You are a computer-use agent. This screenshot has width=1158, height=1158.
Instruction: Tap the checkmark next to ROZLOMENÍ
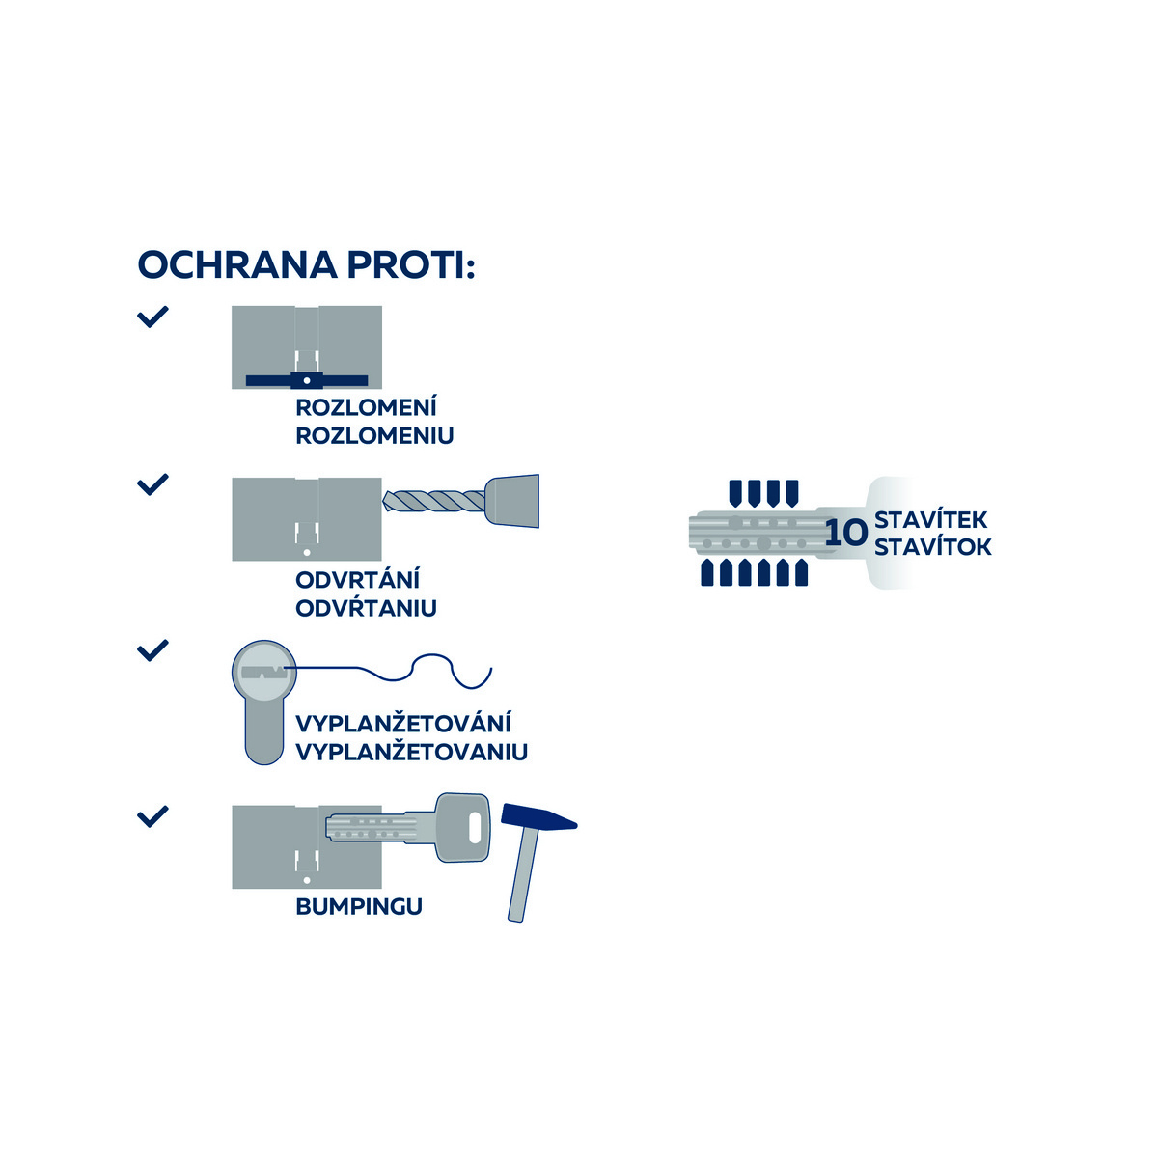coord(152,317)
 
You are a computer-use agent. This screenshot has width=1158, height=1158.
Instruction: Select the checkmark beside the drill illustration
coord(152,483)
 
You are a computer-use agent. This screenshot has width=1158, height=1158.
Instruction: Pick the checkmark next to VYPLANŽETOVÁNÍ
coord(152,649)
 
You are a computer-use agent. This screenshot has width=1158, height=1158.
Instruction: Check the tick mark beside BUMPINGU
coord(152,816)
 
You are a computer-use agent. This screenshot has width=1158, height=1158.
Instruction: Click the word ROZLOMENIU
coord(374,435)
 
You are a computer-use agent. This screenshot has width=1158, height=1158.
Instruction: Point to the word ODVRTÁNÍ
coord(357,580)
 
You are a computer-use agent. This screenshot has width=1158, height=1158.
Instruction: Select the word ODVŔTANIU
coord(366,608)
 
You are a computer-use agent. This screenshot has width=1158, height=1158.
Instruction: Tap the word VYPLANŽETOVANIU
coord(411,752)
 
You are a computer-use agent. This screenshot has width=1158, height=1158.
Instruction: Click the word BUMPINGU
coord(359,907)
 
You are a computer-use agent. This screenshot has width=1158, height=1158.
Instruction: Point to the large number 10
coord(846,534)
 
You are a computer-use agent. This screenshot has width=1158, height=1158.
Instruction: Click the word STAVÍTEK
coord(930,520)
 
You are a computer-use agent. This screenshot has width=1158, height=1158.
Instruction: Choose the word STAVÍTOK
coord(932,547)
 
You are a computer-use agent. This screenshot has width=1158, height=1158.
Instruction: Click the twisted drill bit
coord(434,501)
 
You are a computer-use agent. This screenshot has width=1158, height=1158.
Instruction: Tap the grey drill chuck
coord(513,501)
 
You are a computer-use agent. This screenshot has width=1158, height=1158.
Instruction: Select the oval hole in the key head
coord(474,827)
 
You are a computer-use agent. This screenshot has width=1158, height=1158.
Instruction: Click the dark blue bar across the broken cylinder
coord(307,380)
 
